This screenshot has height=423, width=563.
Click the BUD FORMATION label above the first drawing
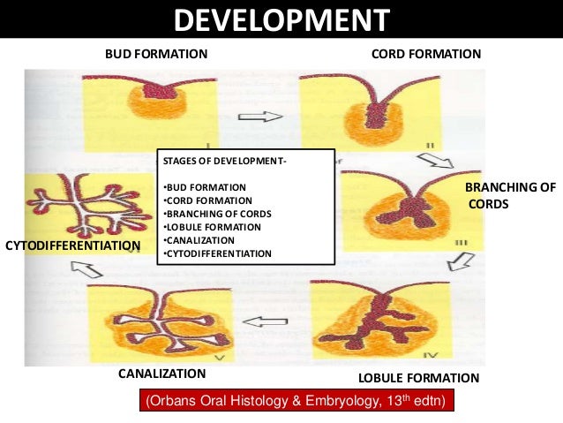click(156, 54)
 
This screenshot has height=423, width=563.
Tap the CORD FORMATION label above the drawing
click(426, 54)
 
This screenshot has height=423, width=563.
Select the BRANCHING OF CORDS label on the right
click(510, 195)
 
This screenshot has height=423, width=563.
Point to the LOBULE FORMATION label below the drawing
click(418, 378)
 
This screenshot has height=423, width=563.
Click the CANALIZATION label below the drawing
click(161, 374)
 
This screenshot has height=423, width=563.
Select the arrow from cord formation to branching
click(435, 161)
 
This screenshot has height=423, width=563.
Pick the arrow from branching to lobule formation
click(460, 261)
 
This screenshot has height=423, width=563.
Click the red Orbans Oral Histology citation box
click(295, 402)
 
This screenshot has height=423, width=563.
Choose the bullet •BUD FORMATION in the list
click(205, 188)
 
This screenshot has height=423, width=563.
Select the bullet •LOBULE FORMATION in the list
click(214, 227)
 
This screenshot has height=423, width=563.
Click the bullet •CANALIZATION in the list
click(199, 240)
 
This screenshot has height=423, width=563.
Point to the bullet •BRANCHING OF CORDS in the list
click(217, 214)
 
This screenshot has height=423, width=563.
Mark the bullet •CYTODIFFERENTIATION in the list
click(217, 253)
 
